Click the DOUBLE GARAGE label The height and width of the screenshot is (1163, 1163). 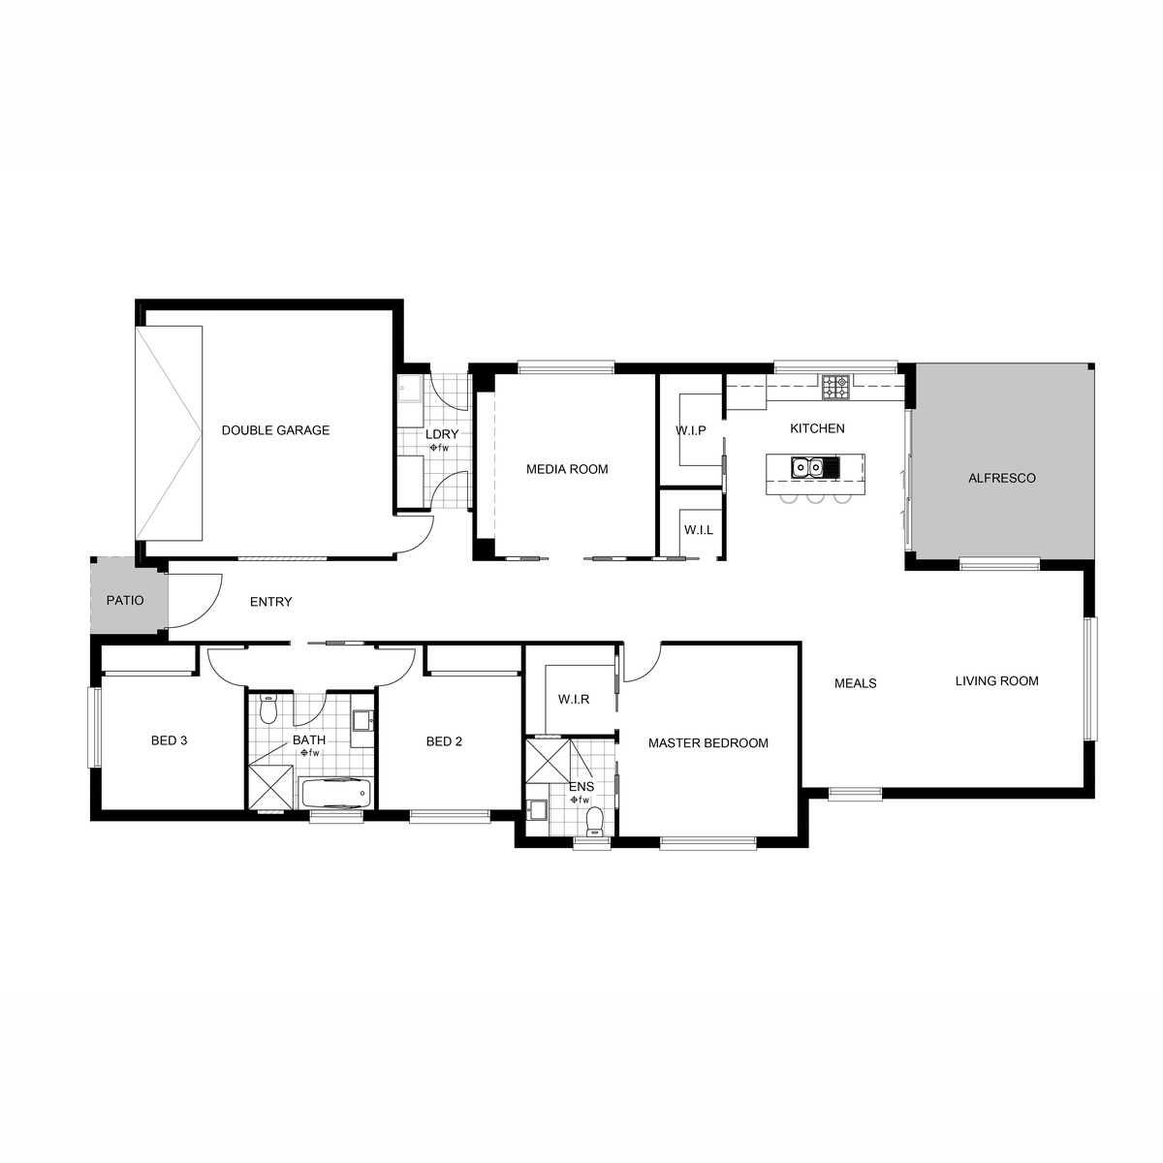[275, 430]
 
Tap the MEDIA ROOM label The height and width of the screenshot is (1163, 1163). [567, 469]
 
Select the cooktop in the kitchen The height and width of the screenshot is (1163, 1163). [835, 387]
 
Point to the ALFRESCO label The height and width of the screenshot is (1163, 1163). [1002, 478]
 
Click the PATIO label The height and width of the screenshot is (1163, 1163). [125, 601]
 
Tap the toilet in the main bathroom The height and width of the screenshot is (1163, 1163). [267, 709]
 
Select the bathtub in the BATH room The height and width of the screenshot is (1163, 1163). [335, 793]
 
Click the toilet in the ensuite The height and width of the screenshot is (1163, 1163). [595, 822]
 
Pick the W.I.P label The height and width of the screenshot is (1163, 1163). [690, 430]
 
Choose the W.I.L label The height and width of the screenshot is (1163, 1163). [698, 530]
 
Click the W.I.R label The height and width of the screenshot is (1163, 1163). [574, 700]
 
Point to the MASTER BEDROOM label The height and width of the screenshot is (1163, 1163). [707, 743]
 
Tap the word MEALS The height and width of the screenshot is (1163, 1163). [855, 683]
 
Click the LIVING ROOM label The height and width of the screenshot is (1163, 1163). [996, 680]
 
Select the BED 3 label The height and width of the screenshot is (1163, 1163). [169, 740]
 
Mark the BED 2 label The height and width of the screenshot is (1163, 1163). [444, 741]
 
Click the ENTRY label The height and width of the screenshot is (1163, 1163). [271, 602]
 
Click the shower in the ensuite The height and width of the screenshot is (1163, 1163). [548, 761]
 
